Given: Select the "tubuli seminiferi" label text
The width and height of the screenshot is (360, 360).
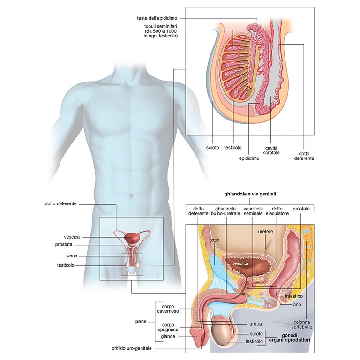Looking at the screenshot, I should (161, 31).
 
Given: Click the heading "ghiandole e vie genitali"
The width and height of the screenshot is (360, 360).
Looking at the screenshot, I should (249, 194).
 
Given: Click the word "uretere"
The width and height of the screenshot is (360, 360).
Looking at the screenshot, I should (265, 232).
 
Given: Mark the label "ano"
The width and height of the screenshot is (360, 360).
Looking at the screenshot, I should (297, 305).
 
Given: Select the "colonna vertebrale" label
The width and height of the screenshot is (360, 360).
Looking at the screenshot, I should (303, 324).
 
